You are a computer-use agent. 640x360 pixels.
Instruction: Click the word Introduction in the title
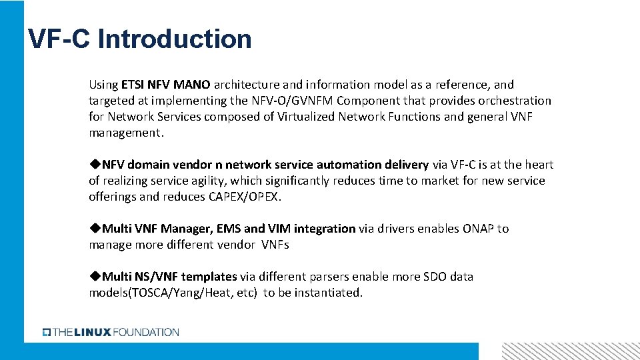[175, 39]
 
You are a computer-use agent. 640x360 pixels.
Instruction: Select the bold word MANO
[192, 85]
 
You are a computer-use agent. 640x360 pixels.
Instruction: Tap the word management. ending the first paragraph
[126, 133]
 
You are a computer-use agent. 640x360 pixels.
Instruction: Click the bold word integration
[325, 229]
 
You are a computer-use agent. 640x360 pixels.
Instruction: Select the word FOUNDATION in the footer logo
[146, 332]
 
